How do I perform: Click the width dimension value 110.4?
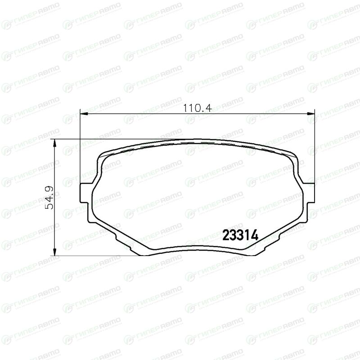[197, 108]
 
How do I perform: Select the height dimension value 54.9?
[49, 198]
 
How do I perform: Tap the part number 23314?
[240, 235]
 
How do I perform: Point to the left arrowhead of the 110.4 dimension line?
[84, 113]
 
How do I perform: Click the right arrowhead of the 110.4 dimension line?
[310, 113]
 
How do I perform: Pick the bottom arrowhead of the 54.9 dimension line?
[54, 252]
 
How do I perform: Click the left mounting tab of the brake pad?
[84, 193]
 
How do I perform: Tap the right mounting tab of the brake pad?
[310, 193]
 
